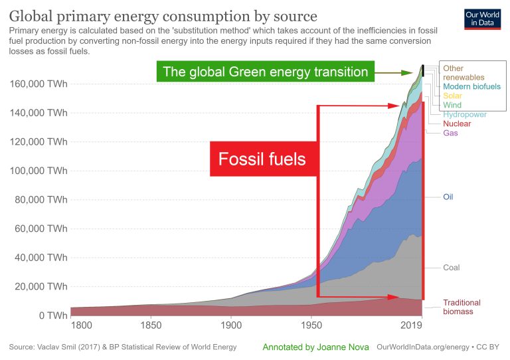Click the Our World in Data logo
(481, 19)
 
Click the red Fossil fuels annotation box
(262, 159)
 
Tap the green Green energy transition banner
(265, 71)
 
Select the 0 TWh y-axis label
(52, 315)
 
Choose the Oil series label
(450, 197)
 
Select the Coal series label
(452, 268)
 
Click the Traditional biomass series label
(462, 307)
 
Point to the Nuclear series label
(457, 124)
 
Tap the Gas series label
(450, 133)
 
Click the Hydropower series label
(465, 114)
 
